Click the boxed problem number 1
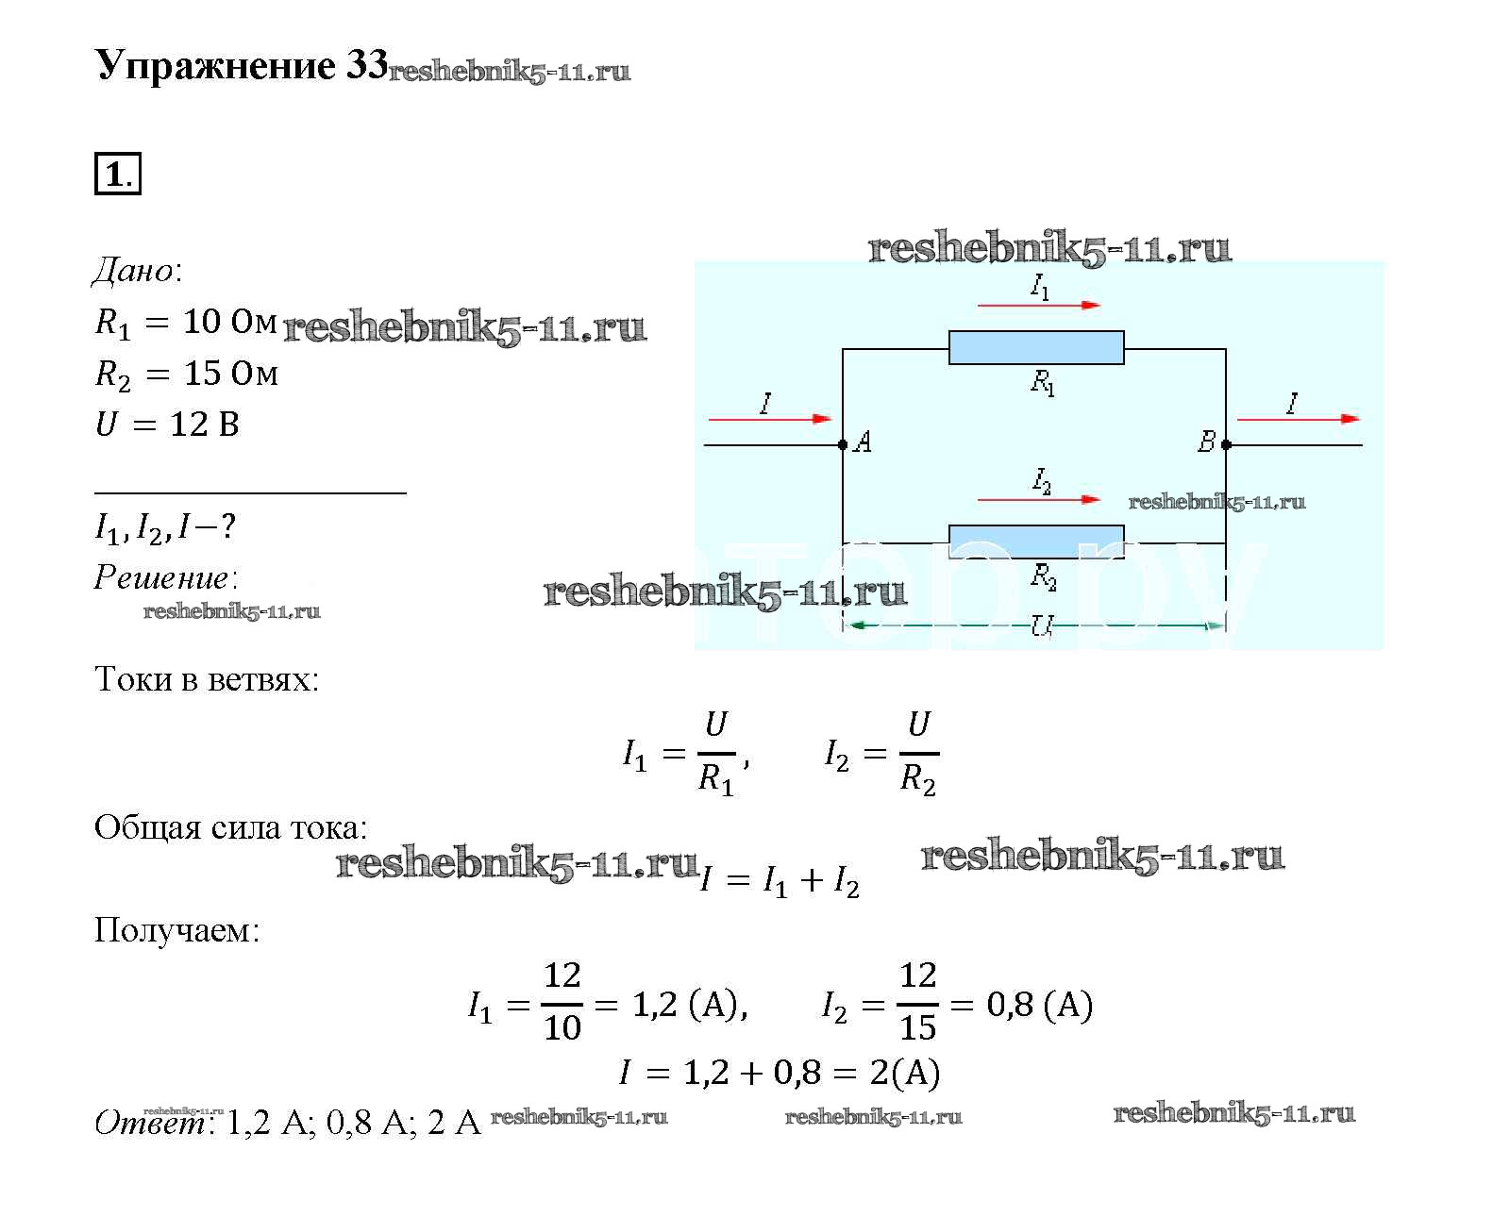117,175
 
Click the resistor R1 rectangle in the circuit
1035,347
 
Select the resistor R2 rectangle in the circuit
1035,541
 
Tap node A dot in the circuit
843,444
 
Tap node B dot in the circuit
1226,444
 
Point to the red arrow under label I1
1038,306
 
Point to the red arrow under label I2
1038,499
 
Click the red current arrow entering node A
769,419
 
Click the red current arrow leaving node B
1298,419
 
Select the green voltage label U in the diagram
1041,625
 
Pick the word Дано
133,272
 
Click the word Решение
161,577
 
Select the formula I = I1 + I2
780,881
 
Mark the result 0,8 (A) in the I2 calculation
1039,1005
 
